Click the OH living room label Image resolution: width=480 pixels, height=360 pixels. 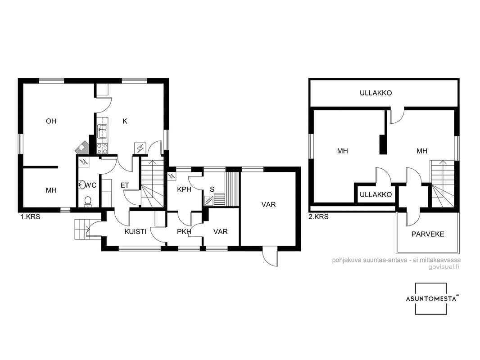tap(51, 121)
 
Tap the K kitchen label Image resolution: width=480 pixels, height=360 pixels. tap(125, 121)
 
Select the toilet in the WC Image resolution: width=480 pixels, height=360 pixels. tap(88, 202)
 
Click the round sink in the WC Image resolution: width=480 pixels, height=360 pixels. tap(82, 184)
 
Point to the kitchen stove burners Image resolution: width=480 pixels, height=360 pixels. tap(102, 148)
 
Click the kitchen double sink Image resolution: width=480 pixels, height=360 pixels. tap(102, 131)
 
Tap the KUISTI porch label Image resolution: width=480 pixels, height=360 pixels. tap(135, 232)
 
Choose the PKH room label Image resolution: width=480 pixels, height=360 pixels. tap(184, 232)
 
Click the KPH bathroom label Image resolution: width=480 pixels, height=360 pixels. tap(184, 189)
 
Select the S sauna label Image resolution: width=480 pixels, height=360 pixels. tap(212, 189)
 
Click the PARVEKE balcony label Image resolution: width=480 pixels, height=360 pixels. tap(428, 234)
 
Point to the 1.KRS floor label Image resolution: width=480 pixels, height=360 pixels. tap(30, 217)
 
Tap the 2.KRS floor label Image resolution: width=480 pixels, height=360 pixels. tap(319, 217)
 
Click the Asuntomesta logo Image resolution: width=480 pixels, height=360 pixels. tap(431, 298)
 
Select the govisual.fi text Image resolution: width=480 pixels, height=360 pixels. tap(444, 267)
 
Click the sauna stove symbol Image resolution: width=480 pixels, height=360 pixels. tap(209, 201)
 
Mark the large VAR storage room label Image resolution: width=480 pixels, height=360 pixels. tap(268, 204)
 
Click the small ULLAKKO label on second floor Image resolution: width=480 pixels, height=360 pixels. tap(376, 194)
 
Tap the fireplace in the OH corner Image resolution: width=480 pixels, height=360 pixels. tap(82, 147)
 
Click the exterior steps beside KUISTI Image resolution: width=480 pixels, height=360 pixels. tap(82, 229)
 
